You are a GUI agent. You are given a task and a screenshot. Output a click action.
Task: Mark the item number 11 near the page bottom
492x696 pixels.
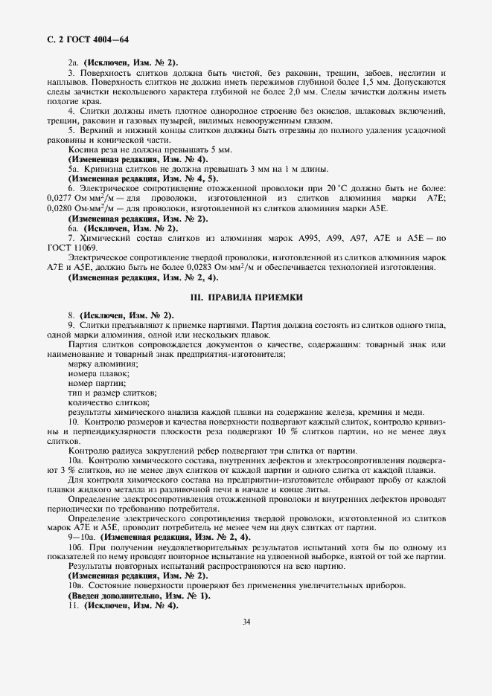[71, 606]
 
